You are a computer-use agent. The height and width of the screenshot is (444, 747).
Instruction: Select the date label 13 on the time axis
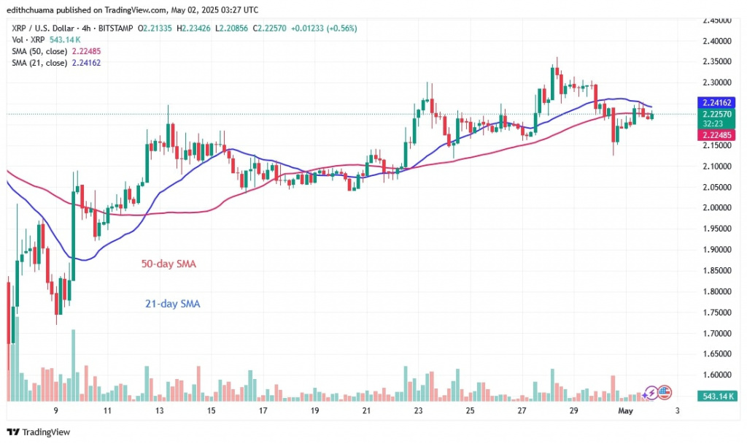(159, 411)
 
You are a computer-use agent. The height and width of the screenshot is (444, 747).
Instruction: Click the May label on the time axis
(626, 411)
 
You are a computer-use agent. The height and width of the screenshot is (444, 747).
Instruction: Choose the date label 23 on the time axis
(419, 411)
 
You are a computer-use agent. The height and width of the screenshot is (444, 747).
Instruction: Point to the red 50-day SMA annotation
(169, 263)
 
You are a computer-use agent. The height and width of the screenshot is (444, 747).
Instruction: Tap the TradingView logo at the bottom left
(40, 432)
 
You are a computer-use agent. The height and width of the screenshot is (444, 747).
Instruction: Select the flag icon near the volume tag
(663, 392)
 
